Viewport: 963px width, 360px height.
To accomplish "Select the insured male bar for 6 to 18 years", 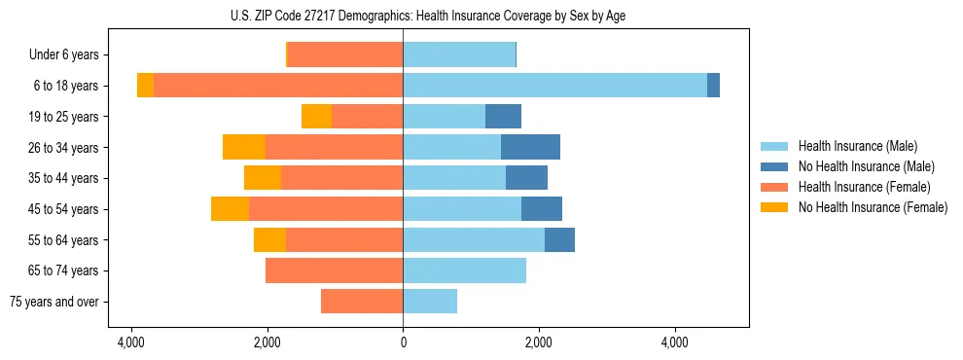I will point(554,86).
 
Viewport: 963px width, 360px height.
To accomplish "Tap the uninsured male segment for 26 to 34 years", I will point(530,147).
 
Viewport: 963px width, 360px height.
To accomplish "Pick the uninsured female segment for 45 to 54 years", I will point(230,209).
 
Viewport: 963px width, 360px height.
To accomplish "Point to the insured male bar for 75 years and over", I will point(430,302).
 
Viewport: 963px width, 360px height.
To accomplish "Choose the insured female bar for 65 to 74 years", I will point(334,270).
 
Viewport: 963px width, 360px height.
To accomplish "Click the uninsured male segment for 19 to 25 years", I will point(503,117).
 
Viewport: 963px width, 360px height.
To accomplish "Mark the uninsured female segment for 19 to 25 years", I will point(316,117).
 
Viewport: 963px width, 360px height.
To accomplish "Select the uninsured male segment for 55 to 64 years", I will point(559,239).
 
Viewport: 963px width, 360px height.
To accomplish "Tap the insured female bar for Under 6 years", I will point(345,54).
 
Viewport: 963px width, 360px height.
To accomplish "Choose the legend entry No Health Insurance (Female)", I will point(873,207).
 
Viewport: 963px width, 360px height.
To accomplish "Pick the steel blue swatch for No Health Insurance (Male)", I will point(774,166).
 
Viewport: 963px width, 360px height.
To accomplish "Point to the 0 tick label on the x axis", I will point(403,342).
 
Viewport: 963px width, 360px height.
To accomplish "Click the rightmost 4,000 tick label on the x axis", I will point(674,342).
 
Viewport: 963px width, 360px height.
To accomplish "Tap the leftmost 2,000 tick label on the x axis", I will point(267,342).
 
